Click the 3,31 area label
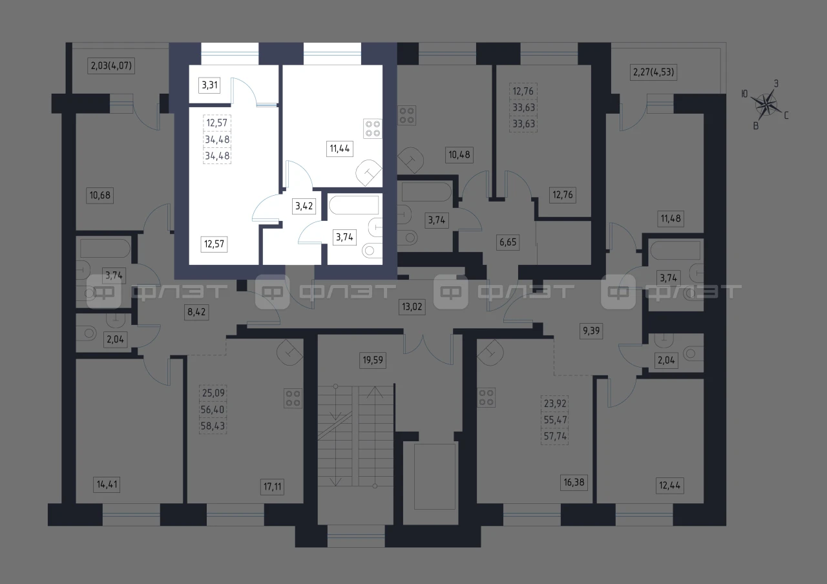click(209, 85)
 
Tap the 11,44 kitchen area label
click(340, 149)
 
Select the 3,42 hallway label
click(304, 206)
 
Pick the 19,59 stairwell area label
click(373, 360)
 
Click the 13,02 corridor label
click(412, 307)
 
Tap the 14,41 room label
click(107, 485)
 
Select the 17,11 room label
click(273, 487)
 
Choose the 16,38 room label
click(574, 483)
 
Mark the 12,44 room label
click(670, 485)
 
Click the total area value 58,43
click(213, 426)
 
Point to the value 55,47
click(555, 420)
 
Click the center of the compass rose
click(767, 105)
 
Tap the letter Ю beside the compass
click(745, 94)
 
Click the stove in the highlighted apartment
click(373, 129)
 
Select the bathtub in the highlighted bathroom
click(353, 205)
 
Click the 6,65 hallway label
click(508, 242)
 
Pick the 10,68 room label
click(99, 195)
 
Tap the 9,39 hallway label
click(591, 331)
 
